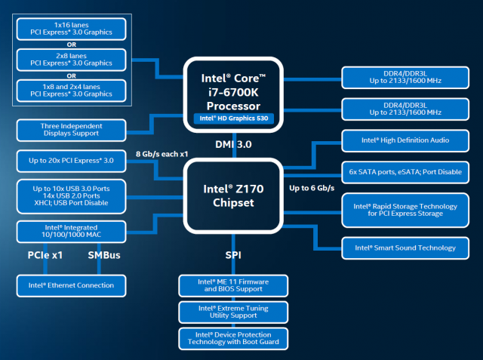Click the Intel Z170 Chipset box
pos(233,191)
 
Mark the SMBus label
pos(104,255)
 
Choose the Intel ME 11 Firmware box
pos(233,285)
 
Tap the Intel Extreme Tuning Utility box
pos(233,312)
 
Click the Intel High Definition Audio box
pos(405,140)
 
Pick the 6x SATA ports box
pos(405,171)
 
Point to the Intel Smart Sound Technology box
pos(405,247)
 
